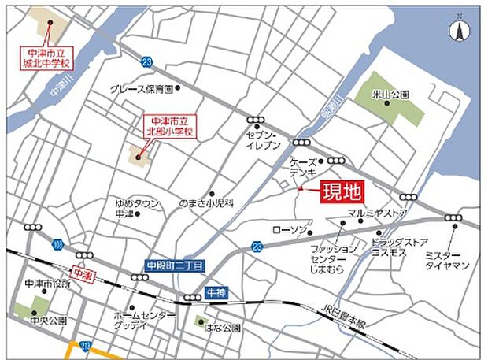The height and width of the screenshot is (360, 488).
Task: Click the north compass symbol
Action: [458, 31]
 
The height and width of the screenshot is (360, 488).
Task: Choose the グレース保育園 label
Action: [141, 89]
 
